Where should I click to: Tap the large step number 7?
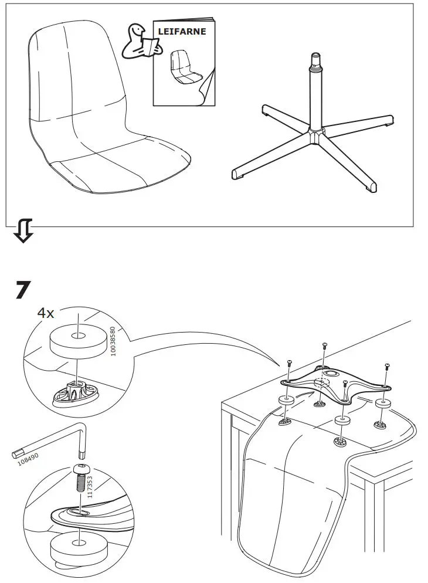click(x=22, y=291)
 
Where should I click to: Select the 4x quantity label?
click(x=46, y=313)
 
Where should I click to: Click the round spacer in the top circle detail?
click(x=78, y=339)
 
